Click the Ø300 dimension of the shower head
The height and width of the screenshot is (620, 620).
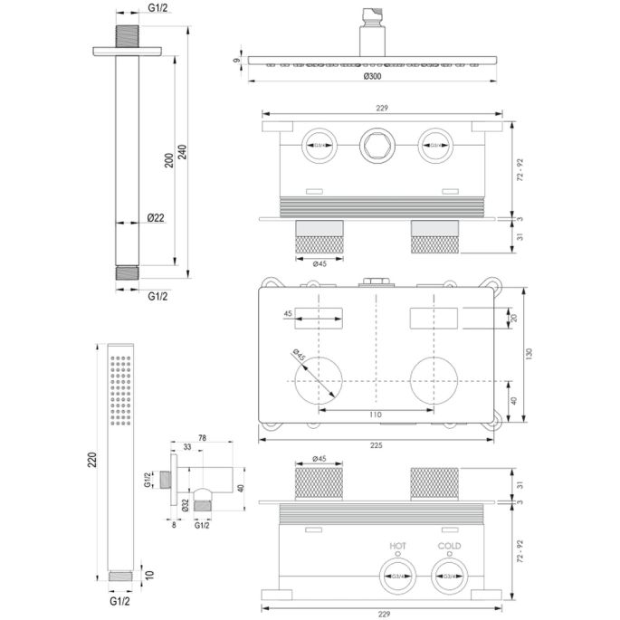[x=371, y=78]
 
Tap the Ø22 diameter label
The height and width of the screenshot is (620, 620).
[x=156, y=217]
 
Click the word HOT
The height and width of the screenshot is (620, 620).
[x=396, y=546]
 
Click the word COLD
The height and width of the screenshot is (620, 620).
[x=450, y=546]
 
